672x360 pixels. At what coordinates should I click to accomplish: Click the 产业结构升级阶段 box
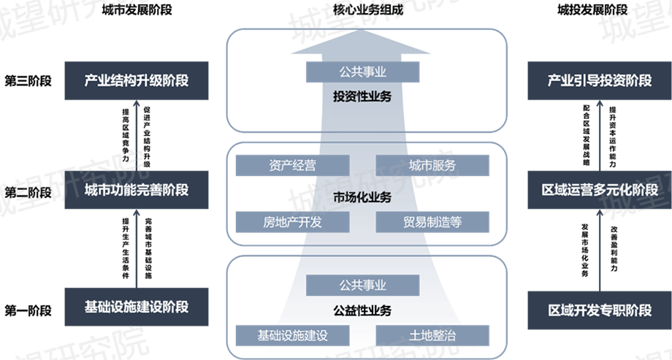tap(136, 80)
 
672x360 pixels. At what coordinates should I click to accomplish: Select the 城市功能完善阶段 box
tap(136, 190)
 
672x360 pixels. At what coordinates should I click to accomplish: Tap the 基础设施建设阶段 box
tap(136, 307)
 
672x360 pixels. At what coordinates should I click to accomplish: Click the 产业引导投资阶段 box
tap(600, 80)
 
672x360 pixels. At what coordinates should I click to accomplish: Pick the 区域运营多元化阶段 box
tap(600, 190)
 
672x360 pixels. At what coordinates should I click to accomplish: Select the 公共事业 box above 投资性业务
tap(362, 72)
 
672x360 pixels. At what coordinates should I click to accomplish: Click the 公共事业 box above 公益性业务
tap(362, 285)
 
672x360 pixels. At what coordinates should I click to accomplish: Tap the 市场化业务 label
tap(362, 197)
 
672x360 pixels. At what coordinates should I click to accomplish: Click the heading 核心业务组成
tap(362, 10)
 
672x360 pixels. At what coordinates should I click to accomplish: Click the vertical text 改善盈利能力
tap(614, 248)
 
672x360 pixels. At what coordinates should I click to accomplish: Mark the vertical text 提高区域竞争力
tap(126, 135)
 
